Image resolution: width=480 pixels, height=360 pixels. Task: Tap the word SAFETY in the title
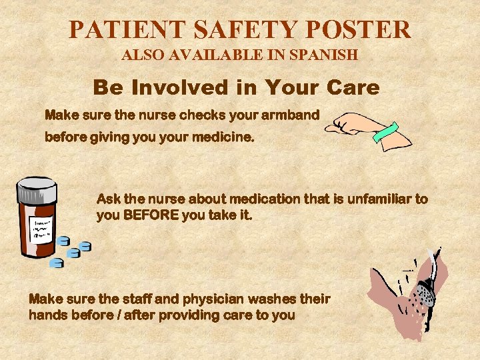pyautogui.click(x=247, y=29)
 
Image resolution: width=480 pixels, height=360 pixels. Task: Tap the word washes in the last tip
pyautogui.click(x=284, y=299)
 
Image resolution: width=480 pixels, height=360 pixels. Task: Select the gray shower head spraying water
pyautogui.click(x=424, y=293)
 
